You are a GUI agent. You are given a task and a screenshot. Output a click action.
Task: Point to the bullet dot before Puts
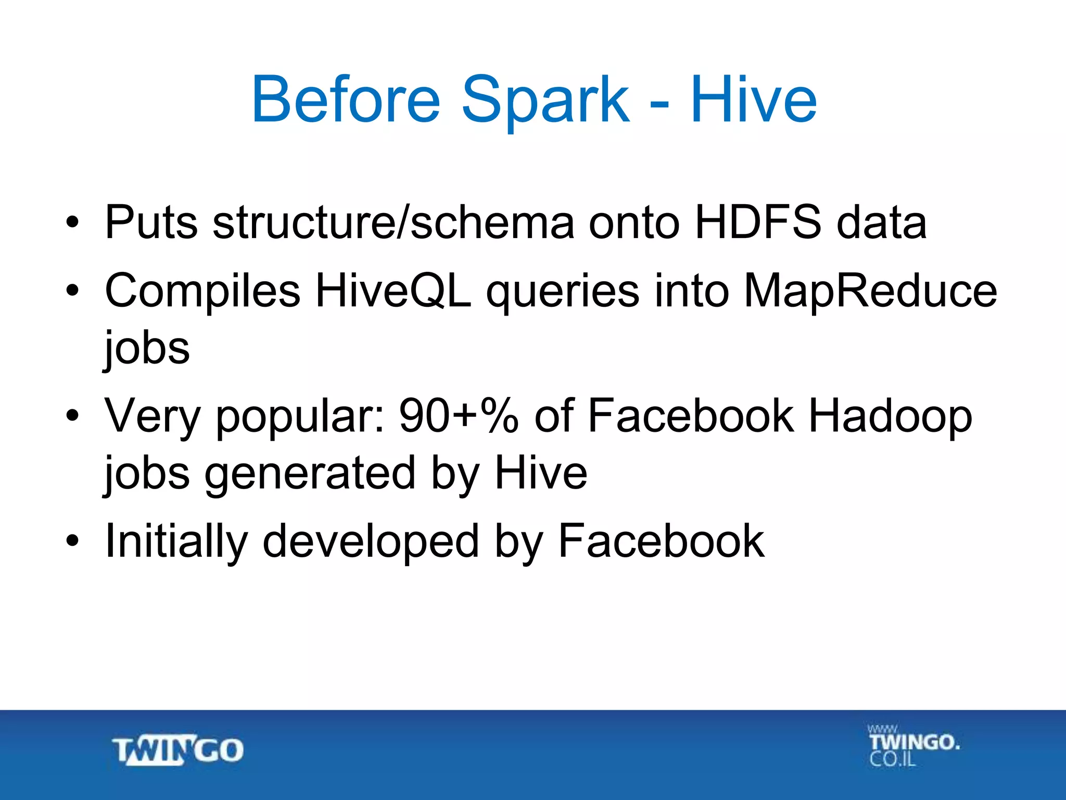click(x=72, y=222)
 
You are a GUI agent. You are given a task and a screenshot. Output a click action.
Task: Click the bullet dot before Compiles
click(x=72, y=291)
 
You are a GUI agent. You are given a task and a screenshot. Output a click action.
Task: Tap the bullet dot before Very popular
click(x=72, y=416)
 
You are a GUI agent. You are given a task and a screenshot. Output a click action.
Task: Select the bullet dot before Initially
click(x=72, y=541)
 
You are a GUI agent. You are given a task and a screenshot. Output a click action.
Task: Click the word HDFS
click(x=758, y=222)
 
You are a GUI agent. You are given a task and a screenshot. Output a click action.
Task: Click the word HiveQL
click(x=394, y=291)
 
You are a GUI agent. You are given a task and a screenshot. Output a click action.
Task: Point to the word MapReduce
click(x=870, y=291)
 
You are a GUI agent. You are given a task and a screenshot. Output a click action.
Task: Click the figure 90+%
click(x=459, y=416)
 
